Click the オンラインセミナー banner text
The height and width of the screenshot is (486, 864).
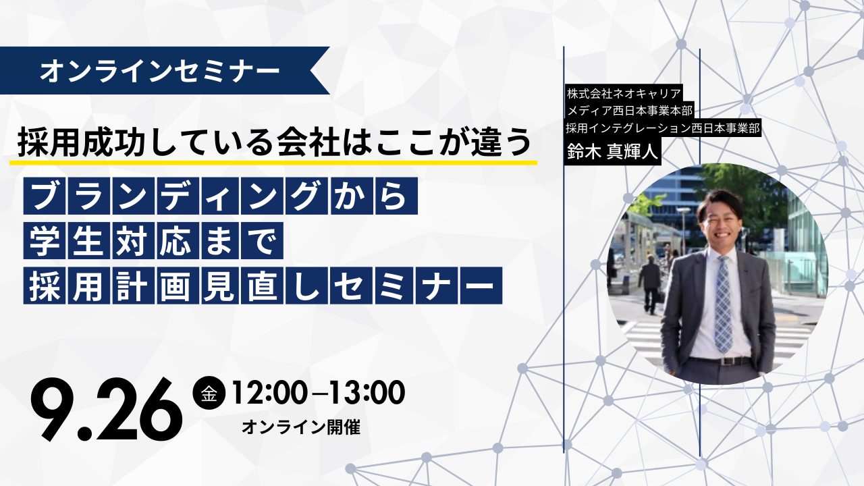pos(159,71)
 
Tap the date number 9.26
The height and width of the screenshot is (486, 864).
pos(107,409)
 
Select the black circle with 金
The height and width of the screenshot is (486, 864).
pos(209,394)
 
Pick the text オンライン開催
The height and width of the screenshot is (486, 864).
pos(301,427)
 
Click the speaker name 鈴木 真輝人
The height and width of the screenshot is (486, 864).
pos(612,152)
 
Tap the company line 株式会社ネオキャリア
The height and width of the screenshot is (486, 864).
pos(624,93)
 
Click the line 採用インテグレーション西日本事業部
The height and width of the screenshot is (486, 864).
pos(663,128)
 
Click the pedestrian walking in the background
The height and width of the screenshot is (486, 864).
pos(649,283)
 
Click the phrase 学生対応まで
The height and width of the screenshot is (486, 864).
pos(153,240)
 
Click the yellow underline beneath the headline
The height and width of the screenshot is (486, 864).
pos(273,163)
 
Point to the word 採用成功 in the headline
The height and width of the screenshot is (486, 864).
pos(71,143)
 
